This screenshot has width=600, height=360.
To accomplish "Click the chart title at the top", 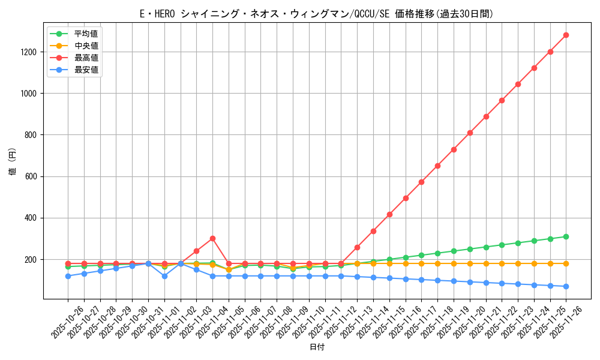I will [x=316, y=14].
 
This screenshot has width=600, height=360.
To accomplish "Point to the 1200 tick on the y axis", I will [x=29, y=52].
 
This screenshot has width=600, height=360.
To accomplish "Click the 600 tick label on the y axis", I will [x=32, y=176].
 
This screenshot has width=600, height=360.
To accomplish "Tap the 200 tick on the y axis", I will [x=32, y=260].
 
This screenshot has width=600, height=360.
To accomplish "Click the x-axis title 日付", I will [x=316, y=347].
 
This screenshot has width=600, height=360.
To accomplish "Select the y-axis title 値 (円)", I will [x=13, y=163].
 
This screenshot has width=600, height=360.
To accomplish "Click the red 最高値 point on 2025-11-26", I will [x=566, y=35].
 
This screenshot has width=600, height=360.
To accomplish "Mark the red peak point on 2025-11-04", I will [x=212, y=238].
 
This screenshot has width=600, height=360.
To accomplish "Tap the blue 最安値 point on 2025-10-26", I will [x=68, y=276].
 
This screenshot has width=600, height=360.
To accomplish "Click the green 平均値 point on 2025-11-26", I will [x=566, y=236].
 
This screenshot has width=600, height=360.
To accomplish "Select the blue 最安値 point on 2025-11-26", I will [x=566, y=286].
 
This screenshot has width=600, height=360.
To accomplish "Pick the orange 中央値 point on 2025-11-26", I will [x=566, y=263].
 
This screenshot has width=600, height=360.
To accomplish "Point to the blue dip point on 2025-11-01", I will [x=164, y=276].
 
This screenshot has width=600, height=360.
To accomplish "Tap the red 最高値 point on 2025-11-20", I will [x=470, y=133].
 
